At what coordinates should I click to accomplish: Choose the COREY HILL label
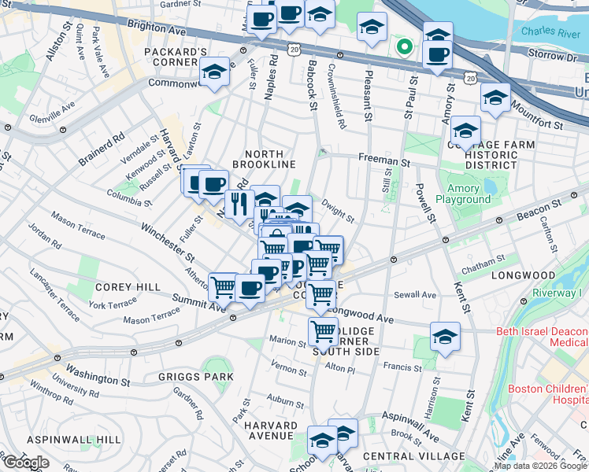coord(106,288)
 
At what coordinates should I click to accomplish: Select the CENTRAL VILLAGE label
coord(414,456)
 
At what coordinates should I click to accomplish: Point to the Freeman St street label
coord(386,160)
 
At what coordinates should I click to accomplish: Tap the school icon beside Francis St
coord(444,337)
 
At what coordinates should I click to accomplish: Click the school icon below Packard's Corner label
coord(213,72)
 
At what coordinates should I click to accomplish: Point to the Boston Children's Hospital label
coord(548,394)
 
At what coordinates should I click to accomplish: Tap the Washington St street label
coord(98,374)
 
